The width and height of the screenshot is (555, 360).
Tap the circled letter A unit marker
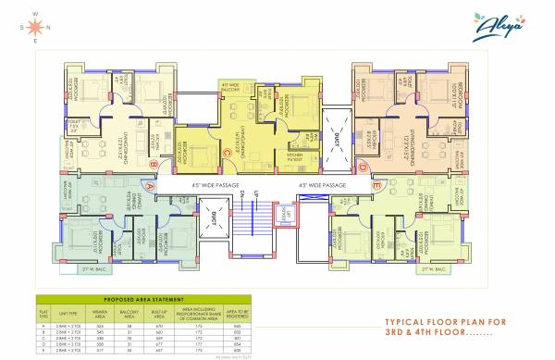pyautogui.click(x=148, y=184)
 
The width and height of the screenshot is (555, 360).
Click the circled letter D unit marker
pyautogui.click(x=364, y=167)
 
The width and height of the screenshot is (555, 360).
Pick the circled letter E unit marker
pyautogui.click(x=376, y=185)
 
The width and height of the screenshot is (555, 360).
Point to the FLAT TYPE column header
pyautogui.click(x=43, y=315)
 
